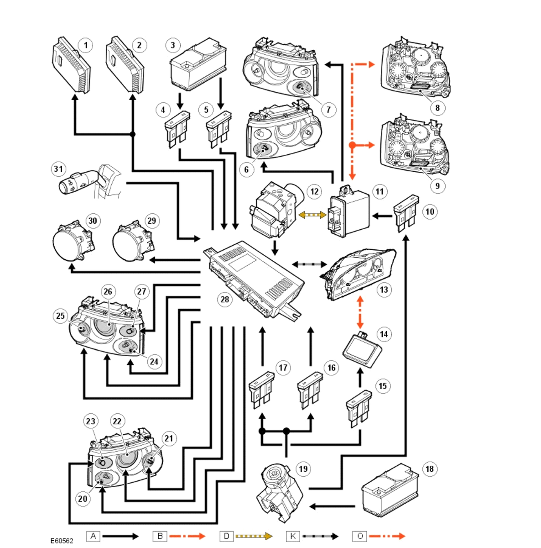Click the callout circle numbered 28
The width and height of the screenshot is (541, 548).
(x=225, y=300)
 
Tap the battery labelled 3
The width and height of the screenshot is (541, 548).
(x=198, y=64)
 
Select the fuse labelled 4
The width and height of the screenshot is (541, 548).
(x=177, y=130)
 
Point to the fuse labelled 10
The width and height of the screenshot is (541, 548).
(x=406, y=213)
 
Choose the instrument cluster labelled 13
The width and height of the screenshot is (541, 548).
(x=358, y=274)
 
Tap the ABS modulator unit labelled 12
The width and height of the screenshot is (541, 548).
(x=276, y=210)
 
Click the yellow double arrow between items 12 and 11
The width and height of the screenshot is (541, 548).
(x=312, y=215)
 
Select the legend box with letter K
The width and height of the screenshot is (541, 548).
(x=293, y=536)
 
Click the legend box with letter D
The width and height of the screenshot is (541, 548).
(x=226, y=536)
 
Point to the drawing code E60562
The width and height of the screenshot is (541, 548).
(x=62, y=541)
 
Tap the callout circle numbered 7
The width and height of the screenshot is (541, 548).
(x=328, y=110)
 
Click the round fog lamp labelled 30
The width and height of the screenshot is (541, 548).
(x=73, y=242)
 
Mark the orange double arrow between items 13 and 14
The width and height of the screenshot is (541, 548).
(x=360, y=312)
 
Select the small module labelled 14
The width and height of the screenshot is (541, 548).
(x=363, y=349)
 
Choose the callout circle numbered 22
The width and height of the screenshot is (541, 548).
(x=117, y=422)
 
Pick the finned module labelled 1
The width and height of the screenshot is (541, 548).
(x=71, y=65)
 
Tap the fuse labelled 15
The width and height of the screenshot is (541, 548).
(x=359, y=409)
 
